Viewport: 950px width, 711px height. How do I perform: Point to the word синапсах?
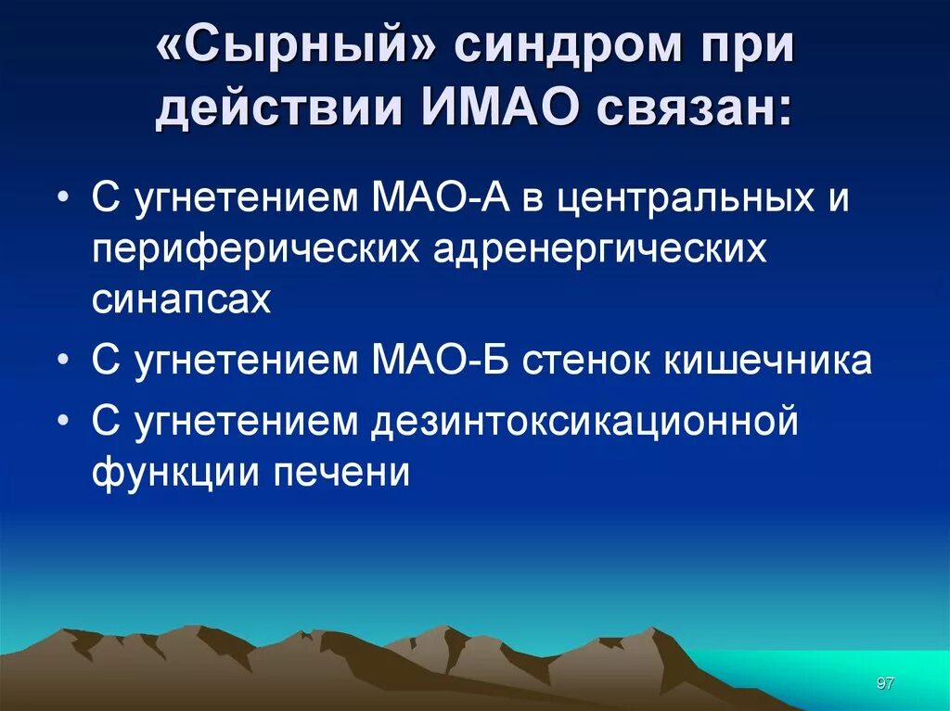pos(182,298)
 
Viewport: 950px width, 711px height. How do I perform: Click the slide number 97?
pos(884,683)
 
